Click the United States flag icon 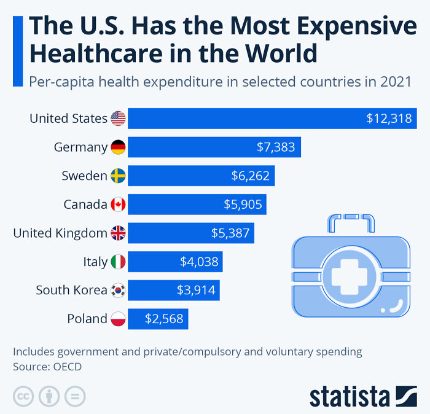tap(118, 119)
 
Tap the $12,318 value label tap(388, 119)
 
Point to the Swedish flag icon tap(118, 176)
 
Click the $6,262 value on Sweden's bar tap(250, 176)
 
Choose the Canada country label tap(85, 205)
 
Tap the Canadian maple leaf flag tap(118, 205)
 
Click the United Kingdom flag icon tap(118, 233)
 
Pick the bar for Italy tap(175, 262)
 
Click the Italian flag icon tap(118, 262)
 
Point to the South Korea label tap(71, 291)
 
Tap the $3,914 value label tap(196, 291)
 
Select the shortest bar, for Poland tap(158, 319)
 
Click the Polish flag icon tap(118, 319)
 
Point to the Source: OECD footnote tap(47, 367)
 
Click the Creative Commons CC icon tap(23, 396)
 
